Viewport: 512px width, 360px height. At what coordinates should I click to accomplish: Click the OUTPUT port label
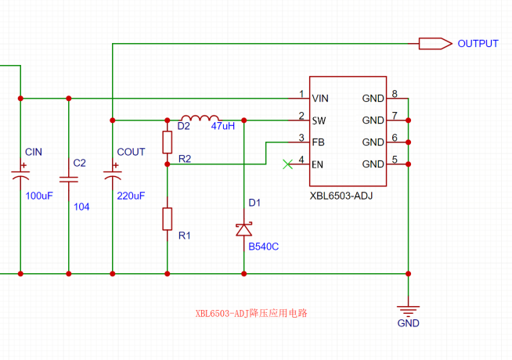[478, 44]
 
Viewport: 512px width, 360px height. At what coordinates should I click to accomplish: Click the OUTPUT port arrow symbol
[434, 44]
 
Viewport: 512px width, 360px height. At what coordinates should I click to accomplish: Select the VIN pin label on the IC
[319, 99]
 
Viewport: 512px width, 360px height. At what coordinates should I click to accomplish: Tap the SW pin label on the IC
[319, 121]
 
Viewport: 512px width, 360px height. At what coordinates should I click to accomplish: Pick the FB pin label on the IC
[318, 142]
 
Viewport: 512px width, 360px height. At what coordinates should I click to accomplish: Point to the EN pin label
[318, 164]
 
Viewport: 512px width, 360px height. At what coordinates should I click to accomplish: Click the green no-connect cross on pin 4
[288, 164]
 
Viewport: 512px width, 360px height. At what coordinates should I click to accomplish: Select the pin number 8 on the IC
[395, 94]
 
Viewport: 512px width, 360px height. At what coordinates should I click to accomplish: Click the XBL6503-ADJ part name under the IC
[341, 196]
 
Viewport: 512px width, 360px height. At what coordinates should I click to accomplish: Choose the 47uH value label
[223, 126]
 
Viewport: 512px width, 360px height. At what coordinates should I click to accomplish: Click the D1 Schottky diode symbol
[244, 229]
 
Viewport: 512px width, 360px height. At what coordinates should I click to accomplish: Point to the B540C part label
[263, 247]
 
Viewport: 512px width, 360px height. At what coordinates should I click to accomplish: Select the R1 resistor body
[167, 218]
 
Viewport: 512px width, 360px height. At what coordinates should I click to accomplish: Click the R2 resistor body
[167, 142]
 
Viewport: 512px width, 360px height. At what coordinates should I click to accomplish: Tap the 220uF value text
[131, 196]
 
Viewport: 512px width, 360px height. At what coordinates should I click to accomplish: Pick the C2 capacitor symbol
[70, 178]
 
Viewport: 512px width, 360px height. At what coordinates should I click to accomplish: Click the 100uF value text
[38, 195]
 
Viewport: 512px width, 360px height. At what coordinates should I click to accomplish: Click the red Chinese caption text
[251, 313]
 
